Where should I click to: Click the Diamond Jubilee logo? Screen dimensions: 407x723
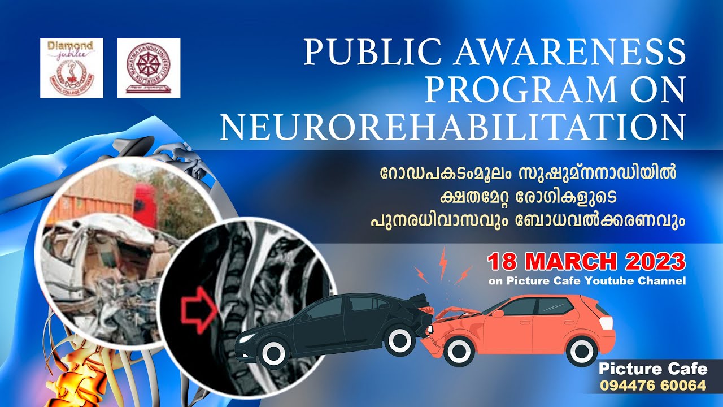point(72,68)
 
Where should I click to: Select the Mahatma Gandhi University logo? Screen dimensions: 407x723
point(149,68)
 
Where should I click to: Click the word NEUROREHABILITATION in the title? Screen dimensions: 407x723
point(452,127)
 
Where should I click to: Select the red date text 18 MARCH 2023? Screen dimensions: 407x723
point(586,262)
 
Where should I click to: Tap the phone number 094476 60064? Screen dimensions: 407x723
point(653,387)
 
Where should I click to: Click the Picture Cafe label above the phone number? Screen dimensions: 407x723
point(653,370)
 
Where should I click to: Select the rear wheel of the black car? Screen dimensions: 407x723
point(400,340)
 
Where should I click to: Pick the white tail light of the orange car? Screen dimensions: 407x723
point(606,323)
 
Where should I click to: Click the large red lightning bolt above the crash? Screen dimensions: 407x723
point(443,263)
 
